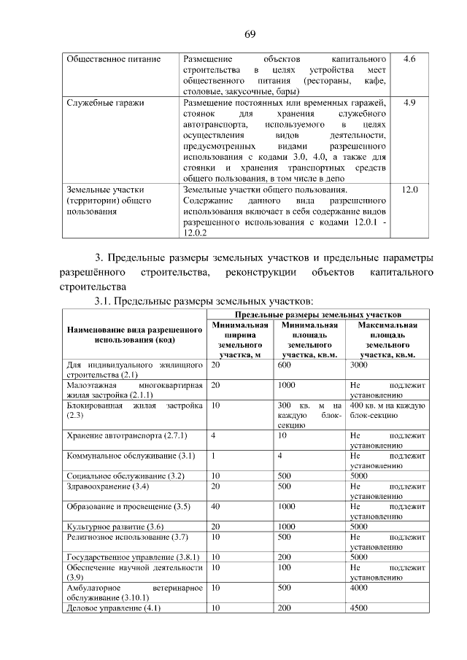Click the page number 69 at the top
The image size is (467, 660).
point(249,34)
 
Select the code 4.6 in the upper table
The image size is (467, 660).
point(409,58)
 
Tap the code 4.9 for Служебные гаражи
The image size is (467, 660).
point(409,104)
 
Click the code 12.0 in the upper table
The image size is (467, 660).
point(409,190)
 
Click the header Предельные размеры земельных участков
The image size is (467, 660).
point(317,313)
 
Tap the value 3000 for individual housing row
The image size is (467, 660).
point(358,364)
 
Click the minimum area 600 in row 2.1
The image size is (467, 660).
point(285,364)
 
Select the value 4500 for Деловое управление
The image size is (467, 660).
point(358,608)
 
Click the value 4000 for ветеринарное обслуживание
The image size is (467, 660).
point(358,587)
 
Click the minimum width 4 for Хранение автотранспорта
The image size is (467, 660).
point(213,435)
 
